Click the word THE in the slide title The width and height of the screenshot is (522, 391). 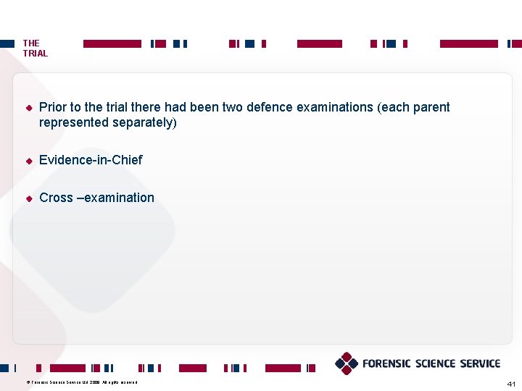pos(31,43)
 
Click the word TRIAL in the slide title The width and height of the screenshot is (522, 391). pos(36,54)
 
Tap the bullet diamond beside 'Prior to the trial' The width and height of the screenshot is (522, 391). pos(29,108)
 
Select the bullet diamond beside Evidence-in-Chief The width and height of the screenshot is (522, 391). pos(29,161)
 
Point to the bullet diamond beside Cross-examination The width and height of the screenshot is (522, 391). pos(29,198)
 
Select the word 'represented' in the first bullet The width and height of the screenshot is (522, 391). pos(73,123)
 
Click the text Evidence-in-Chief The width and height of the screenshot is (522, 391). pos(91,160)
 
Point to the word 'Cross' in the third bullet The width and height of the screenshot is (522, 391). pos(56,198)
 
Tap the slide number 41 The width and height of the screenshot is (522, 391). pos(511,383)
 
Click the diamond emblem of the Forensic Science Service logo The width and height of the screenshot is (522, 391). pos(347,363)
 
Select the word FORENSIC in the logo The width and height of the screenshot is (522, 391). pos(386,363)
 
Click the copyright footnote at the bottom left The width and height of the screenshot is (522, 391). pos(81,382)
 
